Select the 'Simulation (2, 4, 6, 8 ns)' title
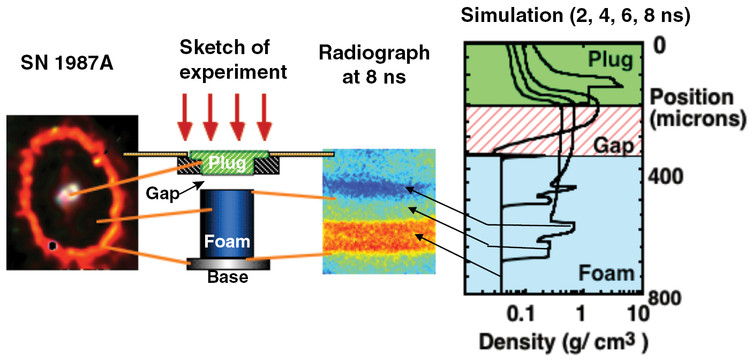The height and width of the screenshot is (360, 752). [575, 16]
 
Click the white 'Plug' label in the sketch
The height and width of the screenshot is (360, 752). [228, 162]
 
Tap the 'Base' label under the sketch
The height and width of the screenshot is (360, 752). [229, 277]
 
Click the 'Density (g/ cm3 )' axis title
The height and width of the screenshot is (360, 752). [562, 341]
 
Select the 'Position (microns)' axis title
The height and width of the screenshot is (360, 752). [698, 108]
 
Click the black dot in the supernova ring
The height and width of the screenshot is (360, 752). [52, 245]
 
